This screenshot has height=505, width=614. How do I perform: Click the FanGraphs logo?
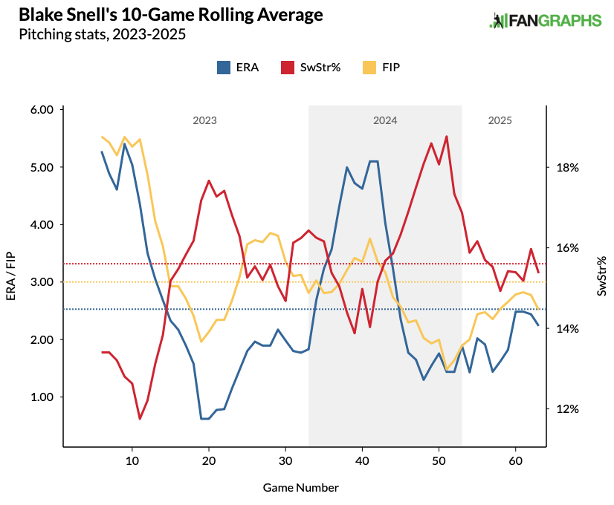[545, 21]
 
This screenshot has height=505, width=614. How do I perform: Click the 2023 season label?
[204, 120]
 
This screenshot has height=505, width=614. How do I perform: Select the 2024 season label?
[385, 120]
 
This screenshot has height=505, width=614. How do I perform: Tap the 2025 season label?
[500, 120]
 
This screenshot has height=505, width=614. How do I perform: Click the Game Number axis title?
[300, 488]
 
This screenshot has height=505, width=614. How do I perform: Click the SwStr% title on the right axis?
[601, 276]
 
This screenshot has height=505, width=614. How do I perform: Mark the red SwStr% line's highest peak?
[446, 137]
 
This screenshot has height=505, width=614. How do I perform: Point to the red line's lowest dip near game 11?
[140, 419]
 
